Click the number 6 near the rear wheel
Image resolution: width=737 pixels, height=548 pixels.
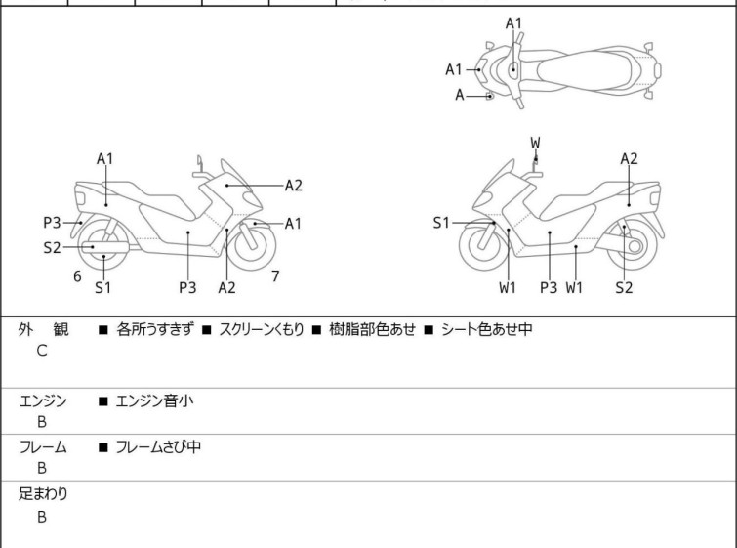click(x=77, y=276)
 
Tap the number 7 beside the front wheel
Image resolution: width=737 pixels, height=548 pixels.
click(x=275, y=276)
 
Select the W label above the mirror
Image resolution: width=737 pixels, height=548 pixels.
click(x=535, y=143)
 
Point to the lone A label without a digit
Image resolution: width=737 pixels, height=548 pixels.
click(x=459, y=96)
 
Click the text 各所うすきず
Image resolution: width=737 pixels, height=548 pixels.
click(x=154, y=329)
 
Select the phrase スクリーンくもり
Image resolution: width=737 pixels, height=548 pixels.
click(x=262, y=329)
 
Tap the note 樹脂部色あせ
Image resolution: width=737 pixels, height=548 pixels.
click(x=372, y=329)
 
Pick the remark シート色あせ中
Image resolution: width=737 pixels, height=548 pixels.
click(x=486, y=329)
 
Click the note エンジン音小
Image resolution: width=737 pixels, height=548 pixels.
click(x=154, y=401)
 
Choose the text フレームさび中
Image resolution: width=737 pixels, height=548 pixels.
click(x=158, y=446)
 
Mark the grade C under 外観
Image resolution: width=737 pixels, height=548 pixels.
click(x=42, y=351)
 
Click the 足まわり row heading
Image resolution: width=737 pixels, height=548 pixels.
click(x=43, y=494)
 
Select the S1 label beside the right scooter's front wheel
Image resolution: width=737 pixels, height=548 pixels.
click(x=441, y=223)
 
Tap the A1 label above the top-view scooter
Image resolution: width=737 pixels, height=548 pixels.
click(x=513, y=23)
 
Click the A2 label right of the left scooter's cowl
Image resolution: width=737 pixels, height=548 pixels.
click(x=293, y=186)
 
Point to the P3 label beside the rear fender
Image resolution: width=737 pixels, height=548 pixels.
click(x=52, y=223)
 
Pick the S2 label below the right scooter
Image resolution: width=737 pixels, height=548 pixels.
click(x=624, y=287)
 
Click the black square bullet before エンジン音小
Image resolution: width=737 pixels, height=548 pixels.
click(x=102, y=401)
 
